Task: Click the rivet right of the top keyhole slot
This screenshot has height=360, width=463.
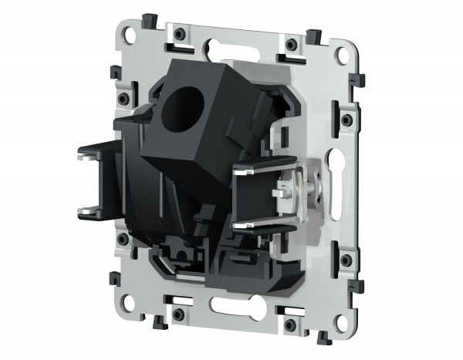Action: coord(290,45)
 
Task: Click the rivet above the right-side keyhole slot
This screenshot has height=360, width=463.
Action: coord(346,120)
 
